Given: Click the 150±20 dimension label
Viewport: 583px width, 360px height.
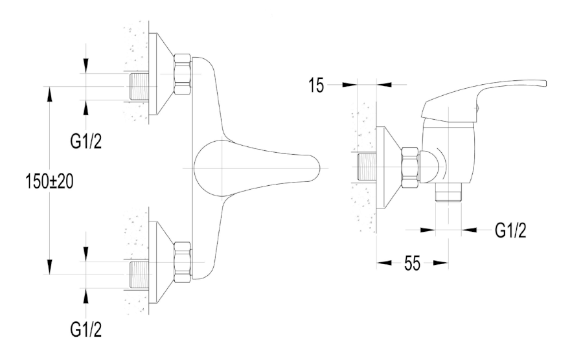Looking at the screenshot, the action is (x=49, y=182).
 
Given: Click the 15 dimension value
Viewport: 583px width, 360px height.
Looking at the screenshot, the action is (x=316, y=85).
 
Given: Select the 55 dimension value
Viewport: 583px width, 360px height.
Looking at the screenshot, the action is (x=412, y=264).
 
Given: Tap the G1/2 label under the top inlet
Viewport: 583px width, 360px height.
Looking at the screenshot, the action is (x=86, y=141).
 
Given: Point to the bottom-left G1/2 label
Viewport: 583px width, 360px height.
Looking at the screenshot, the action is (x=86, y=330).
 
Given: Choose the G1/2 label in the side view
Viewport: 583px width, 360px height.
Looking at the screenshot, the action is (x=510, y=231).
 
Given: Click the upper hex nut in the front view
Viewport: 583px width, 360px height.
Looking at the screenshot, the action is (x=183, y=75).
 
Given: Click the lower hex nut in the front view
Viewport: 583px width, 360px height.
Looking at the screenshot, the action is (x=183, y=263).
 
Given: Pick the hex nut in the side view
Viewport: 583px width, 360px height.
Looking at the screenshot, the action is (x=411, y=168).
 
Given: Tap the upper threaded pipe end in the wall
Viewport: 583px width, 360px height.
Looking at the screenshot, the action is (x=139, y=87).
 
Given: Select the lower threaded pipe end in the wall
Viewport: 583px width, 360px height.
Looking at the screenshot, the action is (x=139, y=275).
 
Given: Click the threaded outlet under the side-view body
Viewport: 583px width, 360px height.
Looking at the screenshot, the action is (x=448, y=192).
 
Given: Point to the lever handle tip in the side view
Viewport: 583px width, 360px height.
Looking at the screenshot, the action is (x=545, y=84).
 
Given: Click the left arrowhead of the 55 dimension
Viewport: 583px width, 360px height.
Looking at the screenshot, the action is (x=383, y=263).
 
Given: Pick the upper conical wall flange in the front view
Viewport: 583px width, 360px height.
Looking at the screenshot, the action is (x=161, y=74).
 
